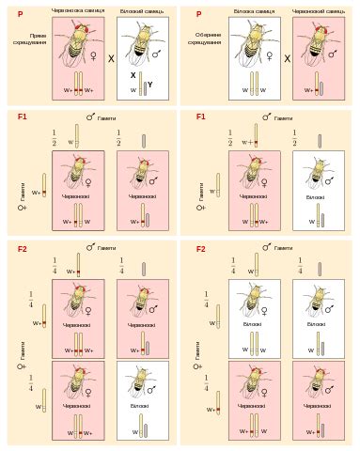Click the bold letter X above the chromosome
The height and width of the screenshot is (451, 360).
point(133,74)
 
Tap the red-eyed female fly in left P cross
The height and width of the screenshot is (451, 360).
point(79,47)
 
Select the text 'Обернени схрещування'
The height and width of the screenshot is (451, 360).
point(210,39)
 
